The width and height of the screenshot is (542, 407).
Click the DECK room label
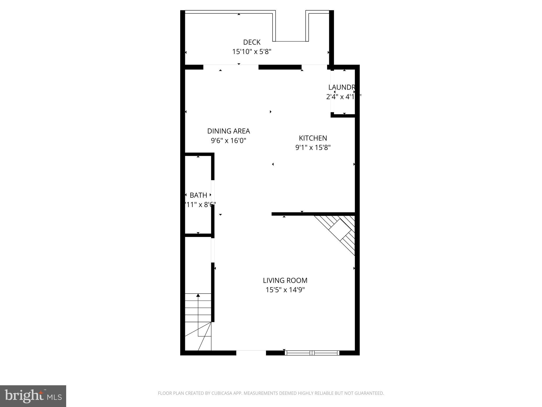[252, 42]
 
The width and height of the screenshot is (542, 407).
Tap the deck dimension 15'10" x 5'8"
[252, 52]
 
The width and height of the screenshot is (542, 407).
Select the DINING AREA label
[228, 131]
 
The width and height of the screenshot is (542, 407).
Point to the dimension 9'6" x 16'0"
[228, 140]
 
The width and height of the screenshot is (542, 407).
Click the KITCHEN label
[313, 138]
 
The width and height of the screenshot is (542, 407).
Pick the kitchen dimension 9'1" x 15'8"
[313, 147]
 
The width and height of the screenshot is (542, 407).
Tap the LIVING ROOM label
[285, 280]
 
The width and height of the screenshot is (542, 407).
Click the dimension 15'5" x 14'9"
[285, 290]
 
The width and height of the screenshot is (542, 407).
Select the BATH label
[198, 195]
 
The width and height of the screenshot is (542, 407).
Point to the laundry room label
[341, 87]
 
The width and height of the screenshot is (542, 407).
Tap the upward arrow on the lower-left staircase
[198, 295]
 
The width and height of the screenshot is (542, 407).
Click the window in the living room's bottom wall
[312, 353]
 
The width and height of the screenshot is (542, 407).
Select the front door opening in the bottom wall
[251, 353]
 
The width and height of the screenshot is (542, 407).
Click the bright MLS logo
[33, 396]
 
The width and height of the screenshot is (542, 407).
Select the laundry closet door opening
[332, 91]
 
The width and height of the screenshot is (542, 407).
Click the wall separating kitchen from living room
[313, 214]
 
